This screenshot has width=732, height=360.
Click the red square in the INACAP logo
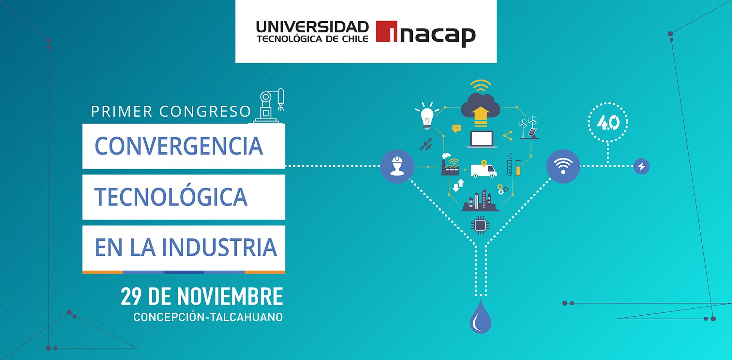387,31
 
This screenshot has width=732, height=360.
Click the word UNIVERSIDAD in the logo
312,27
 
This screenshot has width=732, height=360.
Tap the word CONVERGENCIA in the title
178,146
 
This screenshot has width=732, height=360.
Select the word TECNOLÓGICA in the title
171,196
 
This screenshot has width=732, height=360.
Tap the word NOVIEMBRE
230,297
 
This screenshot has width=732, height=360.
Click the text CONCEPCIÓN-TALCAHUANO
208,317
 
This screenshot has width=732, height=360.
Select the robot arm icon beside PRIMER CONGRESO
270,106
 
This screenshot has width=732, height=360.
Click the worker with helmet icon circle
397,166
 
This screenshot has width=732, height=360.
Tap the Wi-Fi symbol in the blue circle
563,166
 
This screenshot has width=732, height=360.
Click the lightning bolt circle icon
641,167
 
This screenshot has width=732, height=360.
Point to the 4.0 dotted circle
608,122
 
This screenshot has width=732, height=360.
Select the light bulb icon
426,117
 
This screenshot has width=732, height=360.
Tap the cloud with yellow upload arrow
480,108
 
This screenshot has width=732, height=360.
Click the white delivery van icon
483,169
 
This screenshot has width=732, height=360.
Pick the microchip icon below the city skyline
480,225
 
